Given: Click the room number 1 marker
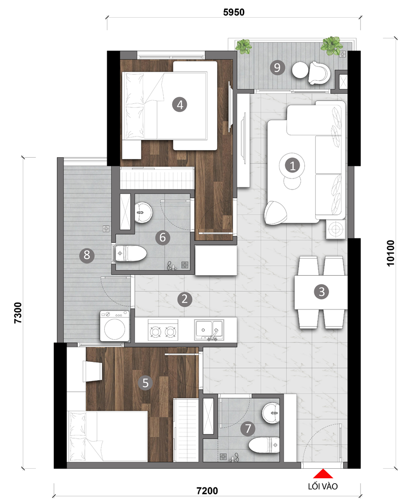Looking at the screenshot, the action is pos(293,166).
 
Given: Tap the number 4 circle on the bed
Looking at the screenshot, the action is pos(180,104).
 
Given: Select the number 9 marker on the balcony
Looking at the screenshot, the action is pos(277,68).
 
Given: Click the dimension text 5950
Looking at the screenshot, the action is pos(234,12).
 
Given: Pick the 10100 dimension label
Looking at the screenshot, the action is pos(390,253).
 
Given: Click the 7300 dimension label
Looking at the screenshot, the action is pos(18,312).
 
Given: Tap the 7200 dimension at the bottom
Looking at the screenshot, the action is pos(207,491).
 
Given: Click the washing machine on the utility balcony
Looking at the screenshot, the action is pos(115,326).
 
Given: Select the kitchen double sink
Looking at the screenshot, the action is pos(209,330).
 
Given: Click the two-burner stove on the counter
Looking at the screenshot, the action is pos(163,330).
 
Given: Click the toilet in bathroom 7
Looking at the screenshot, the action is pos(264,445).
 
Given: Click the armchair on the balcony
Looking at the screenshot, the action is pos(319,73).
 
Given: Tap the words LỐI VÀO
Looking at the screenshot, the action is pos(323,486).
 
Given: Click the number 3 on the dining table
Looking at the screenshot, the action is pos(322,292).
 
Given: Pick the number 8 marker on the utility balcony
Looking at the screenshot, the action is pos(87,255).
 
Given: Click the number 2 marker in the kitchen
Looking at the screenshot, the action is pos(184,299).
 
